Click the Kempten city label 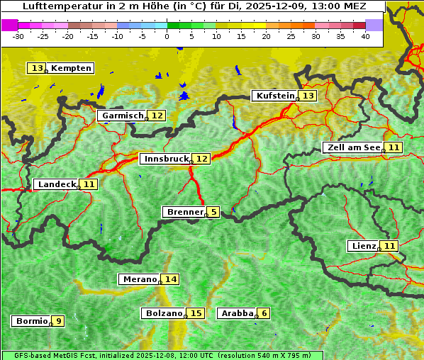(71, 68)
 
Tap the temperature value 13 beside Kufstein (308, 96)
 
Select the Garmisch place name (122, 116)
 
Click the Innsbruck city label (165, 159)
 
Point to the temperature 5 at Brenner (213, 212)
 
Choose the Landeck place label (57, 184)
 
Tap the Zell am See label (352, 147)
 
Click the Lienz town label (363, 246)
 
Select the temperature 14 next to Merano (170, 279)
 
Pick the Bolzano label (164, 313)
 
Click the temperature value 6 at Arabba (264, 313)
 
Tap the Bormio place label (31, 321)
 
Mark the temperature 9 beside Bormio (58, 321)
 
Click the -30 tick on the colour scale (18, 36)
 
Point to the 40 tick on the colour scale (365, 36)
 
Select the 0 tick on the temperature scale (167, 36)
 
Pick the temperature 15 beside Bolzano (196, 313)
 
